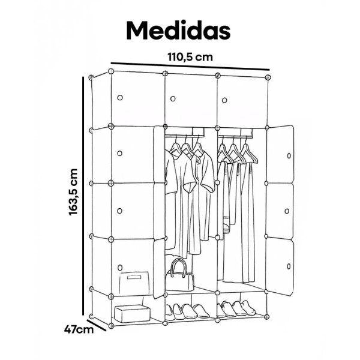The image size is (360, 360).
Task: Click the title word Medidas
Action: tap(179, 29)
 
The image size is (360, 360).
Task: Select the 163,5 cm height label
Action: tap(74, 191)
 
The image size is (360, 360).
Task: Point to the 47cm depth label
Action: tap(79, 330)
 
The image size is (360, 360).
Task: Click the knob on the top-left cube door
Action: tap(119, 97)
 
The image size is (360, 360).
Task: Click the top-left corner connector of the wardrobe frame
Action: tap(92, 77)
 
